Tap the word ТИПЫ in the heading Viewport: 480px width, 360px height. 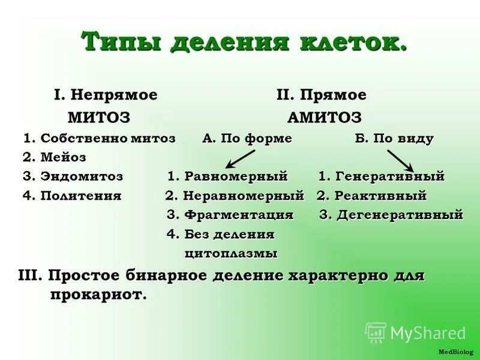point(122,43)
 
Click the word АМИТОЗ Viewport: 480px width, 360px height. point(325,116)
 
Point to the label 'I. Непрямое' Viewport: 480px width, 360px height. point(106,95)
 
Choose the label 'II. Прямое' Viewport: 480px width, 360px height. point(321,95)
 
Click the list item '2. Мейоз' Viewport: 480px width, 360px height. point(55,157)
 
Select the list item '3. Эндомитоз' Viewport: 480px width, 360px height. point(73,176)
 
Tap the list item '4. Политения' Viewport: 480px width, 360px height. point(72,196)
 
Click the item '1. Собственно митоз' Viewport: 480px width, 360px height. point(100,139)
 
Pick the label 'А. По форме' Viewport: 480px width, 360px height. point(247,139)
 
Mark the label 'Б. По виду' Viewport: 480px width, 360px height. point(394,139)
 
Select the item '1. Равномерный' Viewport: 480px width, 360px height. point(228,176)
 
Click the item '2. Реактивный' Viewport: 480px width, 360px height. point(372,196)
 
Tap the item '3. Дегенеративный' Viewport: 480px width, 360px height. point(391,215)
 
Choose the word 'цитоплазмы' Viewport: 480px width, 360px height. point(231,253)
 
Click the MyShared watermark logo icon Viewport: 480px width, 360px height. point(376,332)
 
